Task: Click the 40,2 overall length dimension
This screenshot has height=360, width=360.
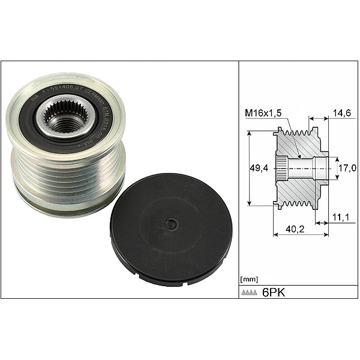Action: coord(295,229)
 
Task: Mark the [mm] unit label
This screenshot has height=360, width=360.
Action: coord(249,280)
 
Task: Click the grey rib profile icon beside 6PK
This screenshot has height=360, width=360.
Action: coord(250,293)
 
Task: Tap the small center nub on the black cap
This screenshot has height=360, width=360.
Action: coord(172,224)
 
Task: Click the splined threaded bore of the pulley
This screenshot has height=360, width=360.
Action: coord(65,120)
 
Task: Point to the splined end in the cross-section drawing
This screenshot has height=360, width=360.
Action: coord(280,169)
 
